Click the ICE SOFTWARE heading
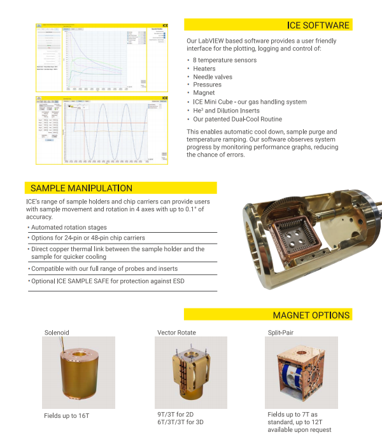pos(318,25)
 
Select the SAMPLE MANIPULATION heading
pos(81,188)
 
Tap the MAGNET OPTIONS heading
pos(311,315)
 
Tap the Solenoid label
pos(57,333)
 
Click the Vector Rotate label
pos(176,333)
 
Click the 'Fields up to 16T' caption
pos(67,415)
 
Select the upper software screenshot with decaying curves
pos(102,58)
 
